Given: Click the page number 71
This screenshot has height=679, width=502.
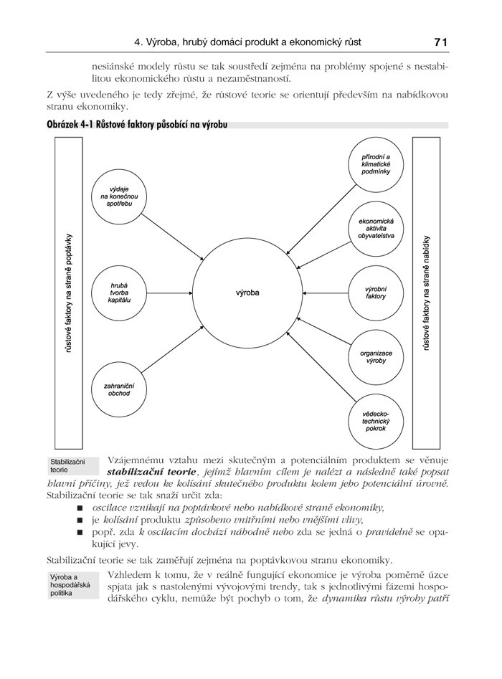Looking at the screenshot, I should tap(440, 42).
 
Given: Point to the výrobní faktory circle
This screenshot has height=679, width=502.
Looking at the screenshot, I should tap(376, 293).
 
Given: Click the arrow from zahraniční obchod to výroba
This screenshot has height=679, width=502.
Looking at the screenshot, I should tap(176, 353).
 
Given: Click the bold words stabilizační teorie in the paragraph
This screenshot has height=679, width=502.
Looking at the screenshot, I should tap(151, 472).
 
